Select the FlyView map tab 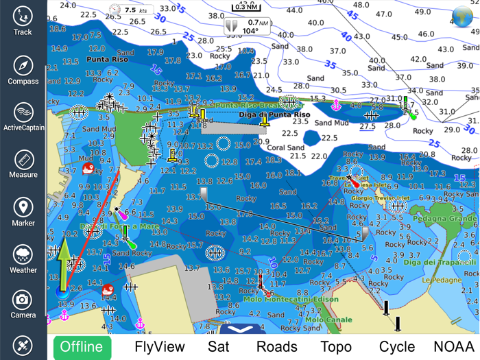160,346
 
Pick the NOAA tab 453,346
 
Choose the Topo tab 336,346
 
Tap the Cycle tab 397,346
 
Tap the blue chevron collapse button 241,330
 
